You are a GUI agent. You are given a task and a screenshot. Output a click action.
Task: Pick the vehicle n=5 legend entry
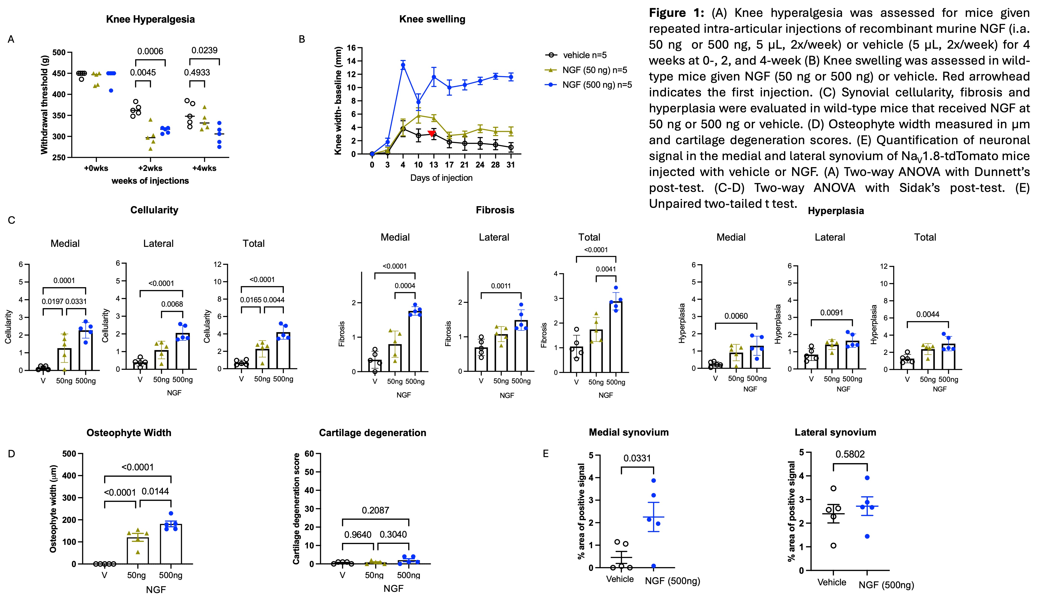tap(585, 55)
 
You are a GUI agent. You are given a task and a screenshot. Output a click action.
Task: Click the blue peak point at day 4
tap(403, 65)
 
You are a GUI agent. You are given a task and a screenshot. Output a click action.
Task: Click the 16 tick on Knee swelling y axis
tap(351, 48)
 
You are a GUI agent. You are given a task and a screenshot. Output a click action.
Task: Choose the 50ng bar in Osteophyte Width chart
tap(136, 550)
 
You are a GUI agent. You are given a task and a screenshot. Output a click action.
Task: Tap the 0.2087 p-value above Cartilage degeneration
tap(375, 511)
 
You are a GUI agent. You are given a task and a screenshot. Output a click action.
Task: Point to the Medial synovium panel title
tap(629, 432)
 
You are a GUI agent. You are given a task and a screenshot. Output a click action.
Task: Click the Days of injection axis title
tap(441, 178)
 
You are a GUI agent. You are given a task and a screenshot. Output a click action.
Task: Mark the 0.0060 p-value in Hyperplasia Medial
tap(736, 316)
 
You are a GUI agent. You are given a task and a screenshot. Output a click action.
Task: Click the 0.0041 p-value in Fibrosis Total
tap(606, 269)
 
